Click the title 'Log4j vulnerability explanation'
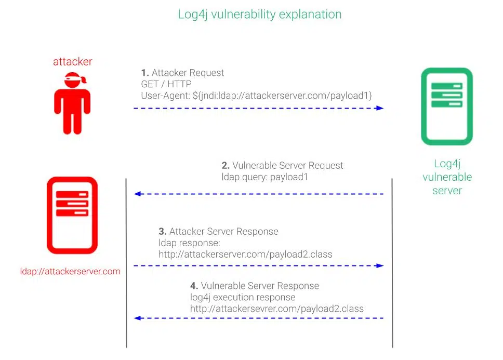[260, 14]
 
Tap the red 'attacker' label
[73, 62]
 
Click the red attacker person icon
[73, 106]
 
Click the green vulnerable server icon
[447, 106]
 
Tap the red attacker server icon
[72, 215]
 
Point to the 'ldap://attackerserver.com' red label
[70, 271]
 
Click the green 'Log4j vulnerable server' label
[447, 177]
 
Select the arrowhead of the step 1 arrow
[380, 108]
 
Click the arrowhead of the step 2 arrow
[138, 194]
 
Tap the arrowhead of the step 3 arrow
[380, 265]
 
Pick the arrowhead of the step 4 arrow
[138, 318]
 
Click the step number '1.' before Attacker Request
[145, 73]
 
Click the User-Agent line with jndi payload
[257, 96]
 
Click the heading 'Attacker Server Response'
[223, 232]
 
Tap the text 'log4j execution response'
[243, 297]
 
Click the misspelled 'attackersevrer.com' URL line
[277, 309]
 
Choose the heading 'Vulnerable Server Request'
[287, 166]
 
